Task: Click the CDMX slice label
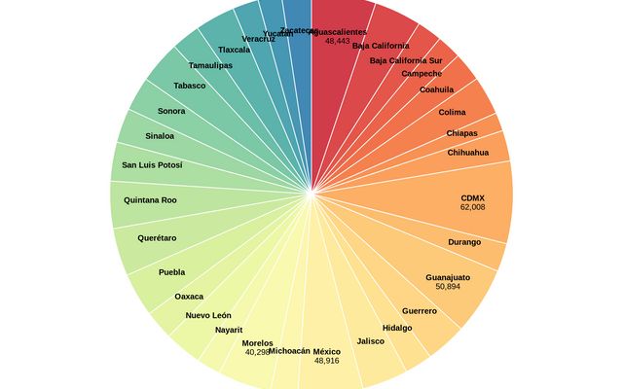point(472,197)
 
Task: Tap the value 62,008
point(472,207)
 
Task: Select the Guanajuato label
point(448,277)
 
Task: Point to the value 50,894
point(448,287)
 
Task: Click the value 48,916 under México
point(326,361)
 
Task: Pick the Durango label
point(464,241)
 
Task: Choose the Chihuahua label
point(468,153)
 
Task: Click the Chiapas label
point(462,133)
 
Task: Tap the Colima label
point(452,112)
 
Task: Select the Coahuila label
point(436,89)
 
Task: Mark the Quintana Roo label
point(150,200)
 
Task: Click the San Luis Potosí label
point(152,165)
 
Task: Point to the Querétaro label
point(157,238)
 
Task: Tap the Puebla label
point(171,272)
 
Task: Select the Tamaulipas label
point(210,65)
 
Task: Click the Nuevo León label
point(208,315)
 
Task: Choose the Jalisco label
point(371,341)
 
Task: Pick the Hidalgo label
point(397,328)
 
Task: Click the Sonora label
point(171,111)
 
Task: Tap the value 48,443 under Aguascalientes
point(338,42)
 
